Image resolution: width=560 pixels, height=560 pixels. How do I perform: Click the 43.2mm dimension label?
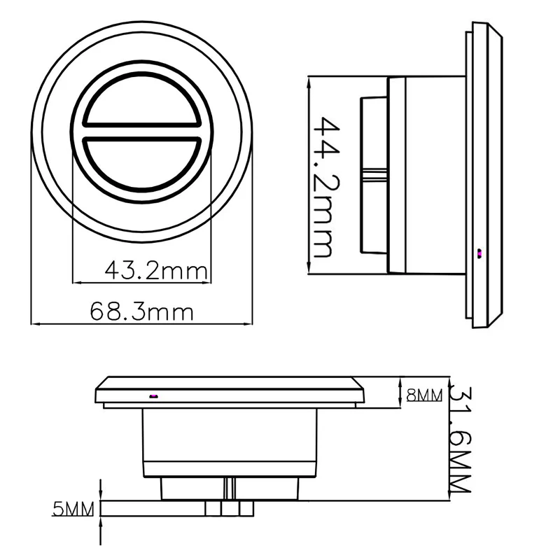tap(155, 269)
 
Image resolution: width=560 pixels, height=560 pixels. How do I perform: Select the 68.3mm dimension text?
tap(141, 311)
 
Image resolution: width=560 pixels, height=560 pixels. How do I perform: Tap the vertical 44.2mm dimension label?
tap(323, 187)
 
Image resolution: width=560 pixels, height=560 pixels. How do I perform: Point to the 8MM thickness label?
tap(424, 395)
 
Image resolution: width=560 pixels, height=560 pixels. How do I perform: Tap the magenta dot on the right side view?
tap(479, 253)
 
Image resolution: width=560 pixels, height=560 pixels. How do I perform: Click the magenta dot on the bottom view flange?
tap(153, 396)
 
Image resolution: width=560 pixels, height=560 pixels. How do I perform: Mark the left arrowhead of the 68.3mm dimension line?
tap(35, 324)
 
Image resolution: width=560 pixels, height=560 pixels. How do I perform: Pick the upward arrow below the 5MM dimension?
tap(101, 521)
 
